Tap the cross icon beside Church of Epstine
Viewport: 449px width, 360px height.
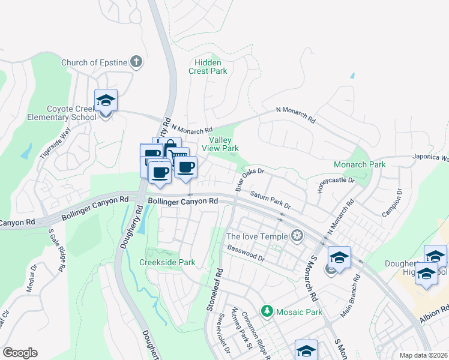(x=137, y=62)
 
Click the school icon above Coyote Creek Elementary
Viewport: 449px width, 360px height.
(x=106, y=100)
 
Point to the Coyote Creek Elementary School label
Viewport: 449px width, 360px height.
(x=72, y=113)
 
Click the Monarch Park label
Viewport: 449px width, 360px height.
(x=360, y=164)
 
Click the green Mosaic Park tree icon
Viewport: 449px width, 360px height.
(x=267, y=311)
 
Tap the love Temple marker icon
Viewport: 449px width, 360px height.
(x=296, y=235)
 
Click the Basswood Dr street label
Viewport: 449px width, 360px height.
(x=246, y=253)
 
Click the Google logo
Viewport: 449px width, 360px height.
(x=19, y=353)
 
